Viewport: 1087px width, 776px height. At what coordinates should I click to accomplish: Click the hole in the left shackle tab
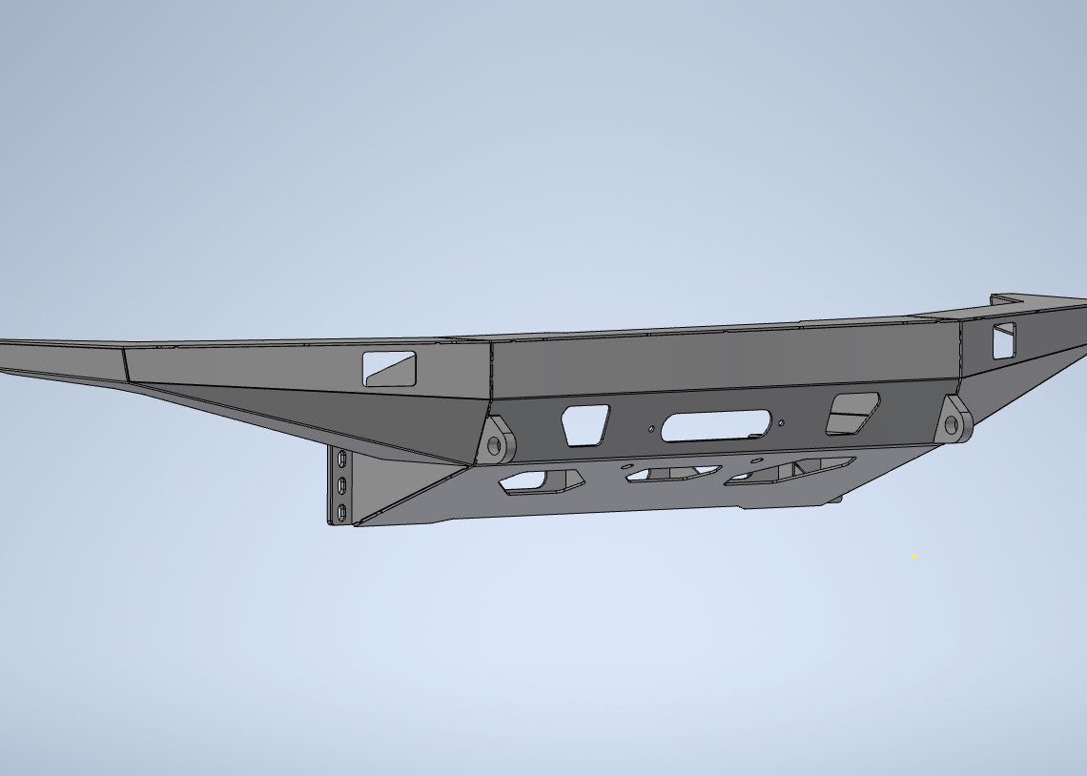(x=494, y=445)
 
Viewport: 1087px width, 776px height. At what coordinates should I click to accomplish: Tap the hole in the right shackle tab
(x=951, y=426)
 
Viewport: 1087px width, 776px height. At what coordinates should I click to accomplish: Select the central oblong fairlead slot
(x=715, y=426)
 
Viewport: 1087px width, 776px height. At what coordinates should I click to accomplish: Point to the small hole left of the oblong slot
(x=651, y=429)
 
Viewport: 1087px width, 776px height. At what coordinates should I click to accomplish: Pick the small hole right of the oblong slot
(x=782, y=422)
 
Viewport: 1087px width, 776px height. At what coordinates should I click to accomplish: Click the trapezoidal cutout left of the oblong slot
(x=585, y=424)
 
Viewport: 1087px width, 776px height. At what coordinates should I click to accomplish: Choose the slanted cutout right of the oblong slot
(x=851, y=413)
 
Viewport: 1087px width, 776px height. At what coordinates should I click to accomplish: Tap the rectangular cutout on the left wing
(x=389, y=368)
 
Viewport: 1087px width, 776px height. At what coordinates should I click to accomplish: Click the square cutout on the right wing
(x=1004, y=340)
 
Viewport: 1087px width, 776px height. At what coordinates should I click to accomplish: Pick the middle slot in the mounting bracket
(x=342, y=486)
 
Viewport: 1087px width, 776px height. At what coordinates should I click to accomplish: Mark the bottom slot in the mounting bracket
(x=341, y=512)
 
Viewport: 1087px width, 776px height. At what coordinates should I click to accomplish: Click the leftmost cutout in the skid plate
(x=540, y=480)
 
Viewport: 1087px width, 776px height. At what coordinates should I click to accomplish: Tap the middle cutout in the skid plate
(x=672, y=474)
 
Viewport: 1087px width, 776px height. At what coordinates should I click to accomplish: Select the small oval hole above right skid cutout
(x=756, y=460)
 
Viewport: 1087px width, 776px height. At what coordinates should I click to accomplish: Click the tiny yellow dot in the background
(x=914, y=556)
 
